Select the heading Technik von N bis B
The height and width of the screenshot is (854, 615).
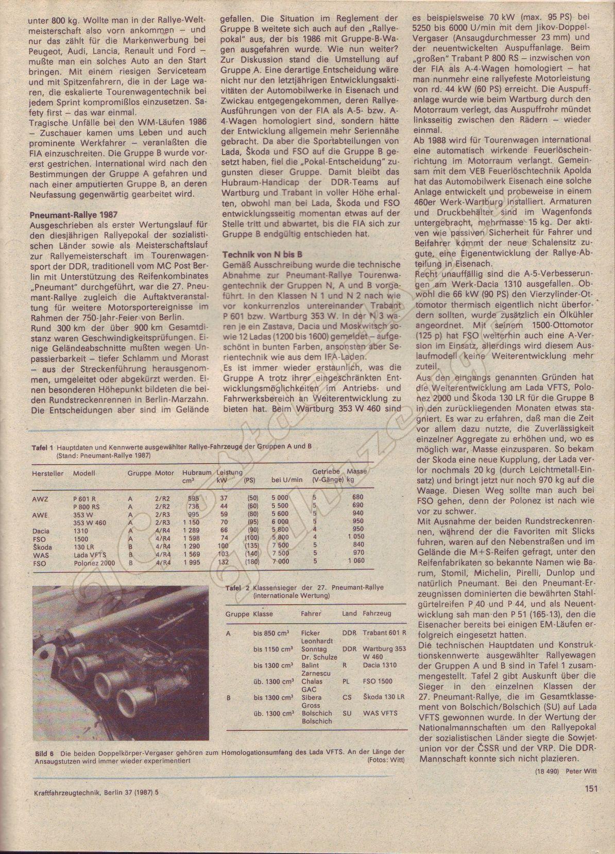pyautogui.click(x=262, y=254)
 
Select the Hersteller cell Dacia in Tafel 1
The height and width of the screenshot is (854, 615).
pyautogui.click(x=41, y=530)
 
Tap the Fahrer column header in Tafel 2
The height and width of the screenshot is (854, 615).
pyautogui.click(x=311, y=613)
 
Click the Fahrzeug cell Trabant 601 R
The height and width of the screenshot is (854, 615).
pyautogui.click(x=384, y=633)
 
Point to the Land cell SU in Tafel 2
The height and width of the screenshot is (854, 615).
pyautogui.click(x=347, y=713)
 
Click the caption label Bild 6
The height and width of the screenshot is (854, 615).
pyautogui.click(x=44, y=753)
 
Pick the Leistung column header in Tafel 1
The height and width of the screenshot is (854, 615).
pyautogui.click(x=230, y=472)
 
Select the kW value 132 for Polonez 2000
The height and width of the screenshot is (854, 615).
pyautogui.click(x=224, y=562)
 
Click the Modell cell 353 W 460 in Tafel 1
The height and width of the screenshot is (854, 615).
pyautogui.click(x=90, y=522)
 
